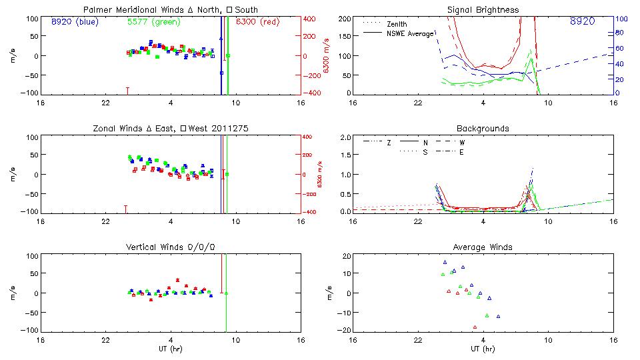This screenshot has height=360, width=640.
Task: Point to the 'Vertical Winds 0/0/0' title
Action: [x=171, y=247]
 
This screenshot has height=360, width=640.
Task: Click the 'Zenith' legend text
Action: [x=397, y=23]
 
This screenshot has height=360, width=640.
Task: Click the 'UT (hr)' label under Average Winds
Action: [x=483, y=348]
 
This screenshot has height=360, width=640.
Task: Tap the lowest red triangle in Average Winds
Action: [x=475, y=327]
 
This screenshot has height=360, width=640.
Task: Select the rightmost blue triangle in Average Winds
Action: [x=497, y=316]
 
